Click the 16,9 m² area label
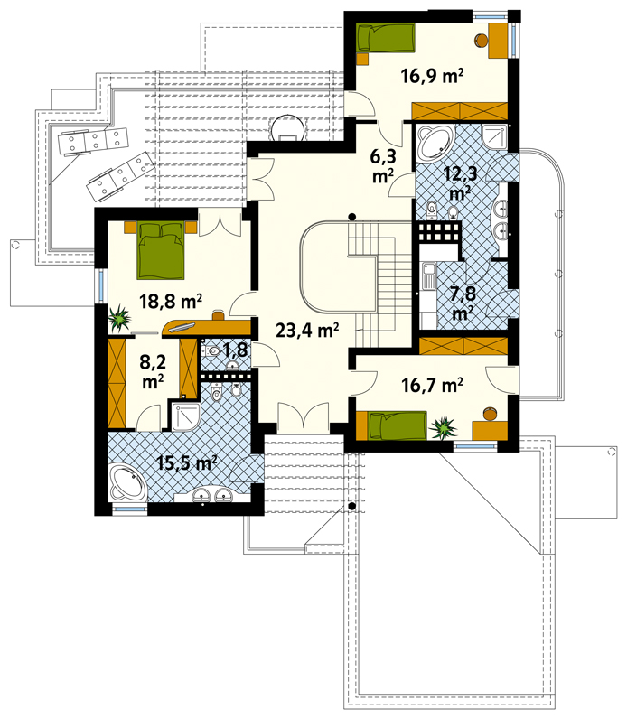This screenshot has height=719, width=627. click(432, 75)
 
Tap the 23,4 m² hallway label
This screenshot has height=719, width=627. click(307, 330)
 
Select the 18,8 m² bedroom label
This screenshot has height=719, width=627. click(170, 302)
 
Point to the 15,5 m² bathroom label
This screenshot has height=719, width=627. click(187, 462)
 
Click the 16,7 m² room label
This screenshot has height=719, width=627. click(432, 385)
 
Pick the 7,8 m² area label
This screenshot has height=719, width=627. click(463, 303)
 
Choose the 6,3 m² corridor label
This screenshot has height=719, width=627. click(383, 165)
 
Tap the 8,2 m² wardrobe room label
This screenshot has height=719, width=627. click(153, 371)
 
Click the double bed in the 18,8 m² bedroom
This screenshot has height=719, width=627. click(161, 250)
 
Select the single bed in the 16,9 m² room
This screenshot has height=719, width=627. click(385, 38)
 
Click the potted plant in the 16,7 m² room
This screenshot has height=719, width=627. click(443, 428)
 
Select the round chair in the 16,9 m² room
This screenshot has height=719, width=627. click(481, 41)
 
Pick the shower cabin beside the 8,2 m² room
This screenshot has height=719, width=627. click(186, 416)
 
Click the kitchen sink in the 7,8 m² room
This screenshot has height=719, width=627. click(428, 276)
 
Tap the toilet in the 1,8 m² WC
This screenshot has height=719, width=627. click(211, 351)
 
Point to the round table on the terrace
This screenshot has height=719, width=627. click(287, 128)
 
